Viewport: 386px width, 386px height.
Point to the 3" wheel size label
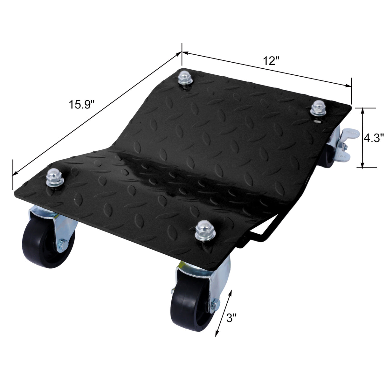click(x=231, y=318)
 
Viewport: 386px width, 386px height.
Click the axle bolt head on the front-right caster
click(x=215, y=306)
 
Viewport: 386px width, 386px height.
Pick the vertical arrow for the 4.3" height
click(x=362, y=138)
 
